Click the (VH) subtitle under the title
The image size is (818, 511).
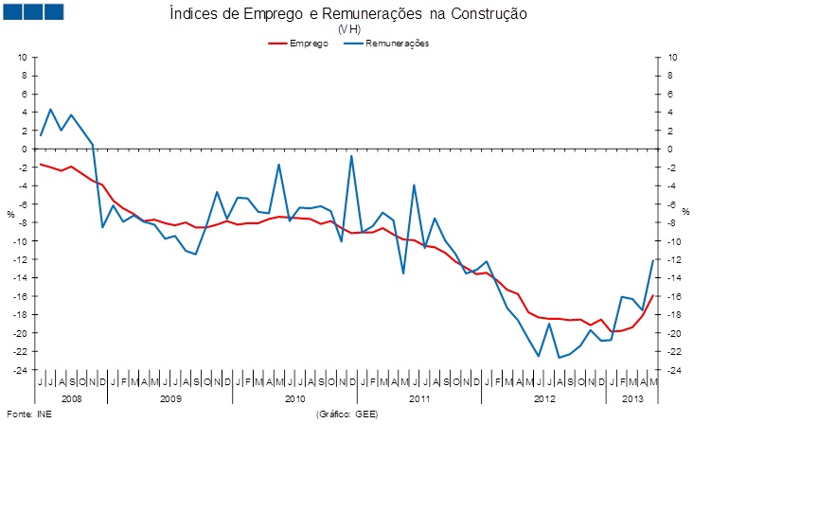click(x=347, y=29)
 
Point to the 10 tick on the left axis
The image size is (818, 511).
click(x=24, y=58)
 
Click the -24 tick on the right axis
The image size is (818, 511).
click(x=670, y=370)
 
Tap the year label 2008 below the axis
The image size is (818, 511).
click(x=71, y=399)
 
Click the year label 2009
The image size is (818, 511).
click(x=169, y=399)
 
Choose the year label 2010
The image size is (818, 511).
click(x=294, y=399)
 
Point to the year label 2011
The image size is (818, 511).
click(x=419, y=399)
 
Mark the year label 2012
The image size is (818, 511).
click(x=544, y=399)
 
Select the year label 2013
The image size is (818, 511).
click(x=632, y=399)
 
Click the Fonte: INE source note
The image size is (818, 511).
click(x=29, y=414)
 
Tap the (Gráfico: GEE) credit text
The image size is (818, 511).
click(x=347, y=414)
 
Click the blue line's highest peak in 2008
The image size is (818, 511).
click(x=51, y=110)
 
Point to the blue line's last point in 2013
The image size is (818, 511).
click(x=652, y=260)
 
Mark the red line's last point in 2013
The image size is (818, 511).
click(x=652, y=296)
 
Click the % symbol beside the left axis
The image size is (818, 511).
click(x=11, y=214)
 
